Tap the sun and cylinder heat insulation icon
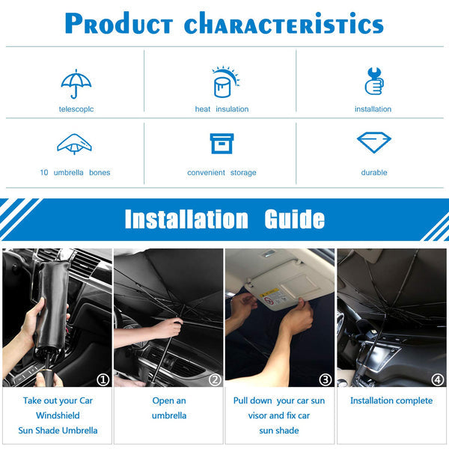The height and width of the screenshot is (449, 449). point(225,82)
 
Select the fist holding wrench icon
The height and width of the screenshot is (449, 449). point(374,81)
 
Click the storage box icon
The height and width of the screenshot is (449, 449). point(222,144)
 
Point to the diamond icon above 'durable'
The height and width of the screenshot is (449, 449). point(373,142)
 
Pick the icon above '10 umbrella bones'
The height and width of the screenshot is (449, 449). point(74,144)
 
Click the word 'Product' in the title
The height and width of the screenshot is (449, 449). point(119,23)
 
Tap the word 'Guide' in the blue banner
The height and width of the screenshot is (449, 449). point(294,219)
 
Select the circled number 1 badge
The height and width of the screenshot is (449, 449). point(103,379)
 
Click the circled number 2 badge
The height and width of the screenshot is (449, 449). point(215,379)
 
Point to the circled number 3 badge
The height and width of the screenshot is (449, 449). point(326,379)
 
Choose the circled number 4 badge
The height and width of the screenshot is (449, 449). point(438,379)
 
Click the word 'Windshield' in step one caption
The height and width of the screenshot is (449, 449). point(58,415)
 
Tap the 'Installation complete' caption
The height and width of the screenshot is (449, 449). point(391,400)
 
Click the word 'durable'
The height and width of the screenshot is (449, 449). point(374,172)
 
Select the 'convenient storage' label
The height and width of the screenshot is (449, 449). point(222,173)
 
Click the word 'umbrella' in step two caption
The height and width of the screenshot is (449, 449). point(169,415)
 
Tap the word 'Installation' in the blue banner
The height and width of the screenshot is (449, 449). point(186,219)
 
